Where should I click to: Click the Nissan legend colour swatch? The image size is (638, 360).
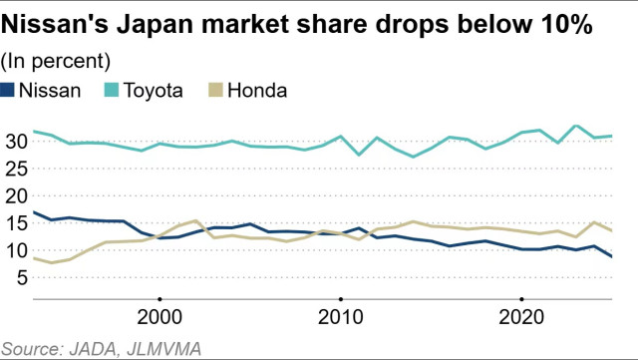pos(9,90)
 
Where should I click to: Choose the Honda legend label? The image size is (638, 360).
pos(257,90)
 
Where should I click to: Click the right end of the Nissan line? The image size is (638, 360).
pos(611,256)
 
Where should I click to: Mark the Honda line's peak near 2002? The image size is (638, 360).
pos(196,220)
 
